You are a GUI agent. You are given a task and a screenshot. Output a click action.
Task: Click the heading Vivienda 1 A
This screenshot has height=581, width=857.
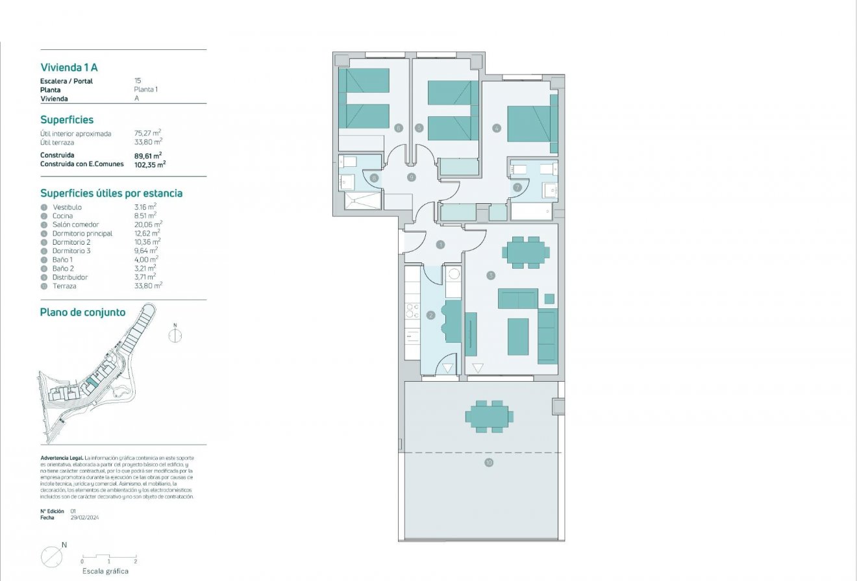[x=69, y=67]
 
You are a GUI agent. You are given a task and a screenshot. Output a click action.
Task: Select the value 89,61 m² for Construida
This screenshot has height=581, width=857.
[x=147, y=155]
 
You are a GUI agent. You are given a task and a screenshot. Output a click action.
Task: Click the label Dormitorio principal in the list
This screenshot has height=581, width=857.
[x=82, y=233]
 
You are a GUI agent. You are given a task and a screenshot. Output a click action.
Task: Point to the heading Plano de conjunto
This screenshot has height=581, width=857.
[x=82, y=312]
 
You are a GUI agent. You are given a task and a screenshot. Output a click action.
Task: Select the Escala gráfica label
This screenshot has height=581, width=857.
[x=105, y=571]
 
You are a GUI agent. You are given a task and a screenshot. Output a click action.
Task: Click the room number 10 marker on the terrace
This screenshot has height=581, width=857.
[x=488, y=462]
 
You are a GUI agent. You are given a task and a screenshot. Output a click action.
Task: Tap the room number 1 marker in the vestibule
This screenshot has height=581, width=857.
[x=440, y=245]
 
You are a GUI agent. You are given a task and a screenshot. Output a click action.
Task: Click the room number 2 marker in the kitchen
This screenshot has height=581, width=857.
[x=430, y=315]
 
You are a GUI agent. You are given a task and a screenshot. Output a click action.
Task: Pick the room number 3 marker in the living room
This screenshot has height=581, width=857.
[x=491, y=275]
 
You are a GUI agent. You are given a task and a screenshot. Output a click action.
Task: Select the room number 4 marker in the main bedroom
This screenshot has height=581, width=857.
[x=497, y=129]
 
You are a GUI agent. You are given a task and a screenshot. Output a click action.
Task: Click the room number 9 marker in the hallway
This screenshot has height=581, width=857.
[x=411, y=177]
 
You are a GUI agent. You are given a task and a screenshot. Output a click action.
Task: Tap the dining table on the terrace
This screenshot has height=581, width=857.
[x=489, y=416]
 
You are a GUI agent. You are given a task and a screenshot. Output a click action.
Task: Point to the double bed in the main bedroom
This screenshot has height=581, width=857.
[x=532, y=124]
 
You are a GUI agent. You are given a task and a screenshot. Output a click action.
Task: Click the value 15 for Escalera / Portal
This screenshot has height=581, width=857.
[x=138, y=81]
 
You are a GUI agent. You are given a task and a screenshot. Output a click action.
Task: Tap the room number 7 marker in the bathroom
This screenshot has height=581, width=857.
[x=517, y=188]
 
